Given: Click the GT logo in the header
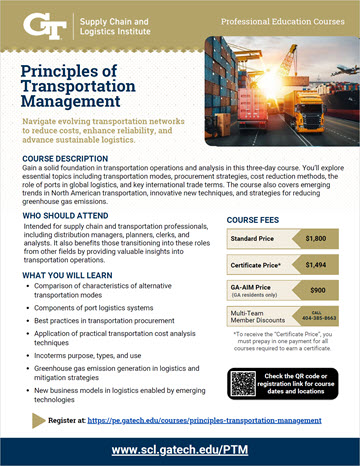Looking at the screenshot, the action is pyautogui.click(x=43, y=21).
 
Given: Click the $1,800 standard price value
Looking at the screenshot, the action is pyautogui.click(x=316, y=240).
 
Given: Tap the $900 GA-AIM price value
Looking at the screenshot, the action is pyautogui.click(x=316, y=290).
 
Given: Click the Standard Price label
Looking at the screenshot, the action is pyautogui.click(x=255, y=240).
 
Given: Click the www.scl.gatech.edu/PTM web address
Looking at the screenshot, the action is pyautogui.click(x=180, y=450).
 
